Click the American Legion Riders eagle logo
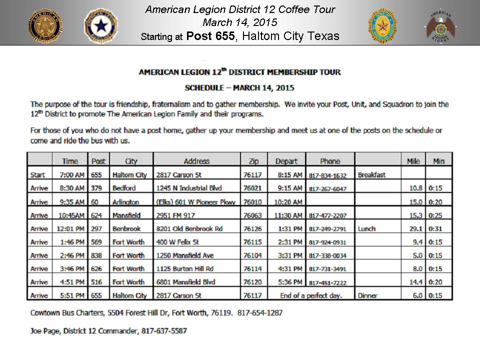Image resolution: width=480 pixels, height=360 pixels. (x=440, y=25)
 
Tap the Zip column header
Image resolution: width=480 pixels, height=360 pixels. (x=250, y=161)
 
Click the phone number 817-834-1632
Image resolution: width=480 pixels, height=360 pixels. (x=327, y=175)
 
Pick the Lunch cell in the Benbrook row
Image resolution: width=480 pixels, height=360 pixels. (x=366, y=228)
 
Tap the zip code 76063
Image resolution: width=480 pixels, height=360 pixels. (x=250, y=215)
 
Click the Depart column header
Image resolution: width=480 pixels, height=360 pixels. (x=286, y=161)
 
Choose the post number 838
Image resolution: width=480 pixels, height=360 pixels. (x=97, y=255)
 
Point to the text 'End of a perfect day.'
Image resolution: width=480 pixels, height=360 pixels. (x=311, y=295)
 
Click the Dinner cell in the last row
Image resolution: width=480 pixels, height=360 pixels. (x=367, y=295)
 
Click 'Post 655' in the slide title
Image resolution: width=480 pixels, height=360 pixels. (x=210, y=36)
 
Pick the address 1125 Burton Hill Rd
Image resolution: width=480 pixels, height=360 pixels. (x=184, y=269)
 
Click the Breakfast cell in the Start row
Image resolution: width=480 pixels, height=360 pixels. (x=371, y=175)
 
